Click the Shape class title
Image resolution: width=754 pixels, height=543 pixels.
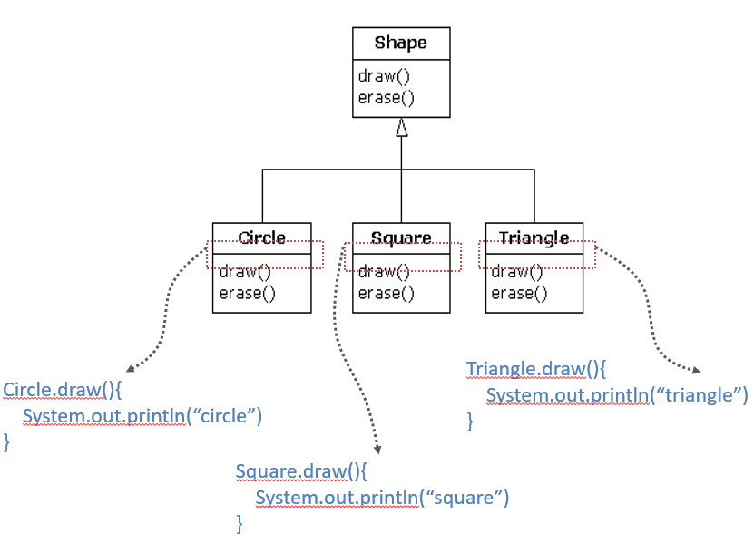[x=400, y=44]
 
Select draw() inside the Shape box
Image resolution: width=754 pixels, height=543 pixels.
[x=377, y=77]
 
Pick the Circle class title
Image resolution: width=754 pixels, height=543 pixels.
[x=261, y=238]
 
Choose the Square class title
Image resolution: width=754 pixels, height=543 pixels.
[x=401, y=238]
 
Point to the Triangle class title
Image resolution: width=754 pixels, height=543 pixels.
[x=534, y=238]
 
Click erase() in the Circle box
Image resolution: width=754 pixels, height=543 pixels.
[x=247, y=293]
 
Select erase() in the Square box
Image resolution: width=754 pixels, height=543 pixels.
[x=386, y=293]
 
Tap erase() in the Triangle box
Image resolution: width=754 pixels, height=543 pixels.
[x=519, y=293]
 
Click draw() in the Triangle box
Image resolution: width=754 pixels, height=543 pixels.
[x=516, y=271]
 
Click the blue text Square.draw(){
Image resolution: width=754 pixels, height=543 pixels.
[x=303, y=471]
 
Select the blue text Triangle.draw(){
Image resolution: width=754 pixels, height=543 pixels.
[x=535, y=369]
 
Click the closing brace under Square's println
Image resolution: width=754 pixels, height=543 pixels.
[x=240, y=523]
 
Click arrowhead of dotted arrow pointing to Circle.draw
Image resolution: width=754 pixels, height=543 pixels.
[x=131, y=369]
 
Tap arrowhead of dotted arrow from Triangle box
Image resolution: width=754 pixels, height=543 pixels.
[x=696, y=371]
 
